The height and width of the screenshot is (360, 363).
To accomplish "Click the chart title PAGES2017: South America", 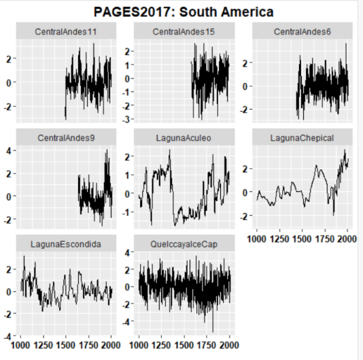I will point(184,12).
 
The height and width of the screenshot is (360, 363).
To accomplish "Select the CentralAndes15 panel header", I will point(184,32).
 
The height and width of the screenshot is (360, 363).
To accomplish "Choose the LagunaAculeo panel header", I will point(184,137).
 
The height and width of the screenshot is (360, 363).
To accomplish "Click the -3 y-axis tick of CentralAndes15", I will point(129,118).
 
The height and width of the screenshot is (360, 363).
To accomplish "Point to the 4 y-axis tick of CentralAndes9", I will point(12,150).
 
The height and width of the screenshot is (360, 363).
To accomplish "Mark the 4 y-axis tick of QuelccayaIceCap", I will point(129,252).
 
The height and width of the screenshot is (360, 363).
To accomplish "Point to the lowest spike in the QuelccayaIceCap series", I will point(213,331).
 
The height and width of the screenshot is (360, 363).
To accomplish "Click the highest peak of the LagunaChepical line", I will point(345,150).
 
